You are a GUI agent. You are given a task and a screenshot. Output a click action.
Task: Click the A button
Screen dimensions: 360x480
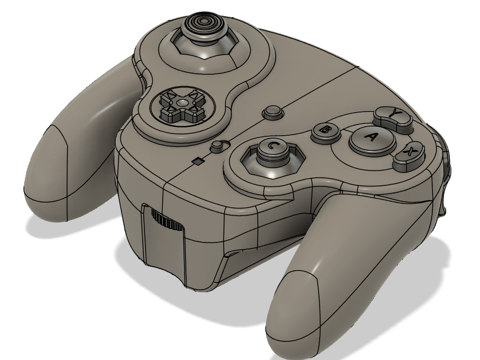point(371,139)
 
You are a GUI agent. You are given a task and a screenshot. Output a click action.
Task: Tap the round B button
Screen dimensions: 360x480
point(325,132)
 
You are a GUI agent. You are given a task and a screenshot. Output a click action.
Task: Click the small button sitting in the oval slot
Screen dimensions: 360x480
point(220,145)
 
